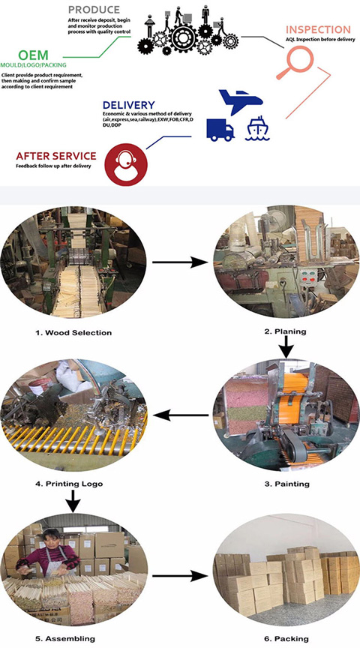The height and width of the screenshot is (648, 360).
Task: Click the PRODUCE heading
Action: coord(94,10)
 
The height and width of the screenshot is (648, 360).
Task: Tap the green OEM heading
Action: coord(33,55)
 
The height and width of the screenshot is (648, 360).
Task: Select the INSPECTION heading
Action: coord(318,30)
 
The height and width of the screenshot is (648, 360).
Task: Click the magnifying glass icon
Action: coord(294,62)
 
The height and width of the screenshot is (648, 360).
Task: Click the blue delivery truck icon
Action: coord(220,130)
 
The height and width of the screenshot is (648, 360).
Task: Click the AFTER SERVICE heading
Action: coord(56,156)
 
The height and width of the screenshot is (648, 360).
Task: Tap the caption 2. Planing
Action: coord(285,331)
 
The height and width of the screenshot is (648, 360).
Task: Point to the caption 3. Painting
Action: coord(286,484)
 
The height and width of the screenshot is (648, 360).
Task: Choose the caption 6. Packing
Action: coord(285,638)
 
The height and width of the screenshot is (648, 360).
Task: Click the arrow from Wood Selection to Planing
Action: coord(180,262)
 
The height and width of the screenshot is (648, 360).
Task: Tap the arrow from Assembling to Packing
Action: coord(180,576)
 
